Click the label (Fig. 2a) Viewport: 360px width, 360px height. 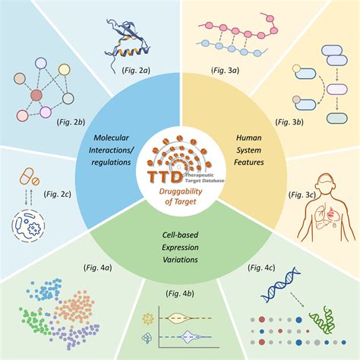point(136,70)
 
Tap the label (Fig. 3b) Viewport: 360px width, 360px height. point(289,122)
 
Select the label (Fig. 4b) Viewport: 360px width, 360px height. point(180,294)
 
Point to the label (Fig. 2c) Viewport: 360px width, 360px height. point(57,194)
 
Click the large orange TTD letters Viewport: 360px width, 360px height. point(165,177)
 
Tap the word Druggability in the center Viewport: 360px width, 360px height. point(181,191)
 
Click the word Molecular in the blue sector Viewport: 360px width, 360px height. point(111,137)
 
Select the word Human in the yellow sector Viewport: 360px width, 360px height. point(249,137)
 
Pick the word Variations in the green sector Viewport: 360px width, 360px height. point(180,260)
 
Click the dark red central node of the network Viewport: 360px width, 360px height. point(36,96)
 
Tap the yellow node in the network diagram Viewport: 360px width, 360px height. point(64,70)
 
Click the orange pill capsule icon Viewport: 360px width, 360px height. point(27,176)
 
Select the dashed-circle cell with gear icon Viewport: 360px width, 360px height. point(28,226)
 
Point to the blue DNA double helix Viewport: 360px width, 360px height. point(280,285)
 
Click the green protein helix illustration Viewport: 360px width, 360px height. point(323,321)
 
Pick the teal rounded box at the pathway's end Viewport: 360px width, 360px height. point(337,118)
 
